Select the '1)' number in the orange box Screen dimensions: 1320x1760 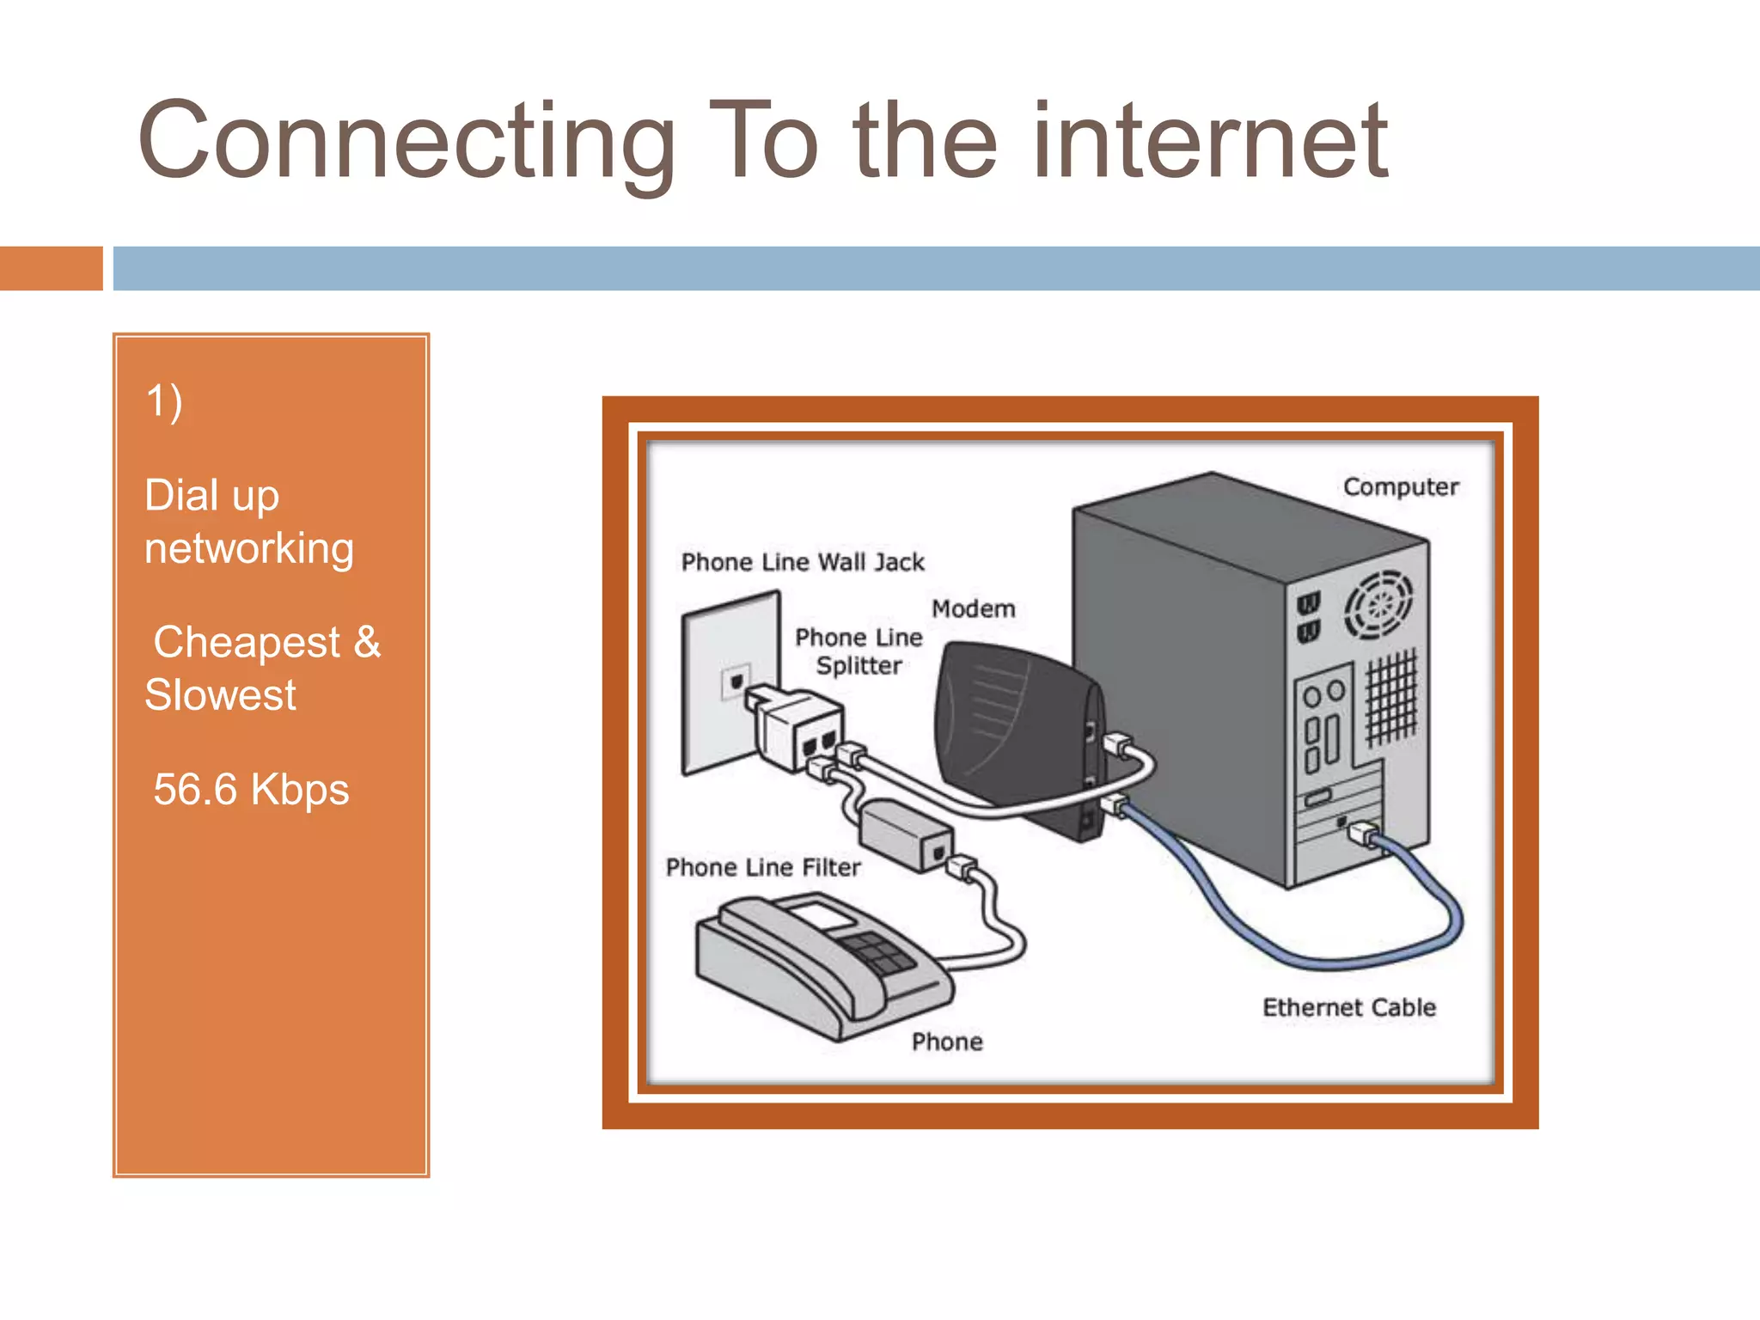coord(163,401)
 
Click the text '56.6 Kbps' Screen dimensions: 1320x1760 coord(251,789)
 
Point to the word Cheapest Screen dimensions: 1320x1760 coord(247,642)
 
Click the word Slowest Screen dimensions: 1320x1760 coord(220,694)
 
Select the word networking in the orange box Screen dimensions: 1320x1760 coord(249,548)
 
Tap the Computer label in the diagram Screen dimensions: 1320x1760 coord(1400,486)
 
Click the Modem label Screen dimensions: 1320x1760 coord(973,608)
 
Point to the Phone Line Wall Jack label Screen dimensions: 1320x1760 coord(802,562)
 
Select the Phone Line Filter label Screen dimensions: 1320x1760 coord(762,867)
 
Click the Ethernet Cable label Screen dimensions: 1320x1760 coord(1348,1007)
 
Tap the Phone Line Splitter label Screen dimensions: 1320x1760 coord(859,651)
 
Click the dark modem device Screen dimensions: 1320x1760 coord(1014,730)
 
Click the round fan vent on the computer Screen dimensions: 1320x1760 coord(1378,605)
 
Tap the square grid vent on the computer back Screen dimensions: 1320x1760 coord(1391,697)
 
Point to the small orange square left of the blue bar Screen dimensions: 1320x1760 coord(51,268)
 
